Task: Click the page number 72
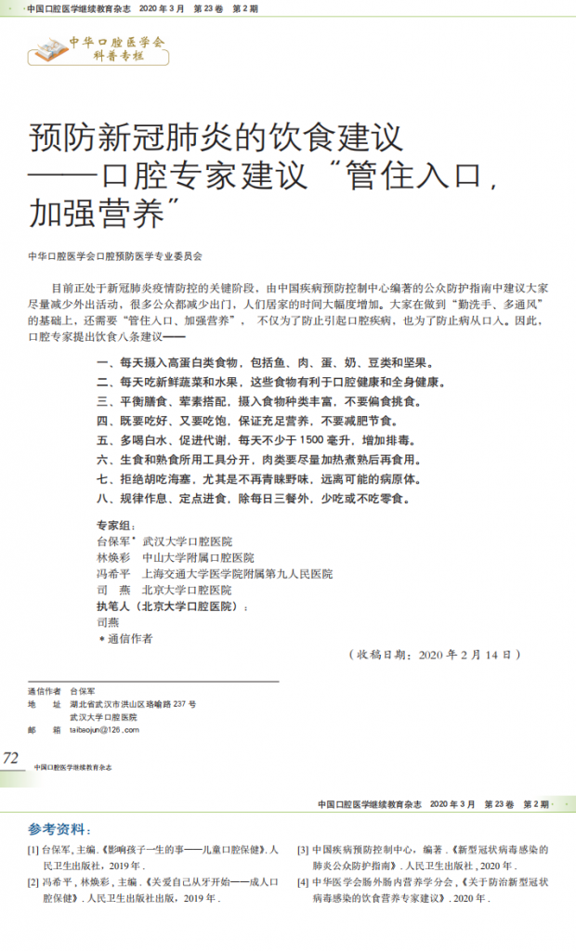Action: point(11,759)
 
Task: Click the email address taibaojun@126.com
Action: point(104,730)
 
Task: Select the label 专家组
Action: point(115,525)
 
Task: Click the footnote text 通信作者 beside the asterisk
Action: point(131,639)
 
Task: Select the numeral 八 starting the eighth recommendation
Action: point(102,498)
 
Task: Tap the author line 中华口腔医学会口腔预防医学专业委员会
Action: point(115,254)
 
